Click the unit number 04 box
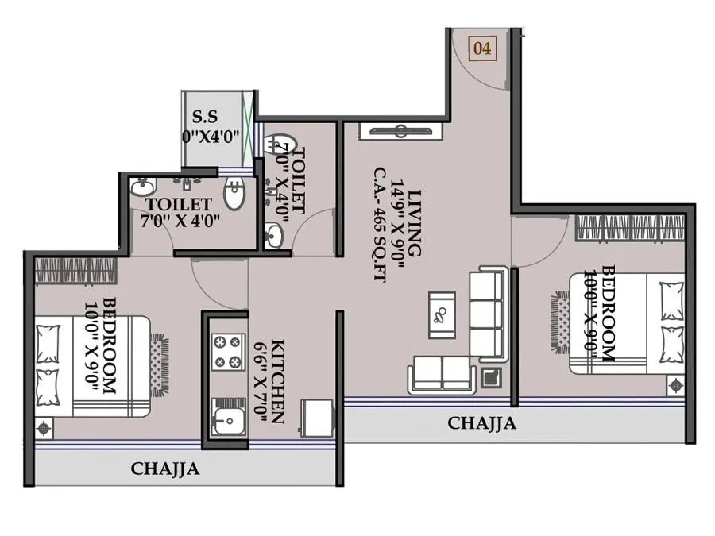(482, 48)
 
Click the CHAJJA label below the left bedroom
(165, 469)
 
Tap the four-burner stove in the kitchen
(227, 352)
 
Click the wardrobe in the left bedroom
(76, 271)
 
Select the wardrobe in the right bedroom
(630, 226)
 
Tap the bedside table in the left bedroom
(44, 428)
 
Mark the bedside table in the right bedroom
(675, 385)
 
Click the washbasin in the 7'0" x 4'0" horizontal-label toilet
(143, 187)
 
